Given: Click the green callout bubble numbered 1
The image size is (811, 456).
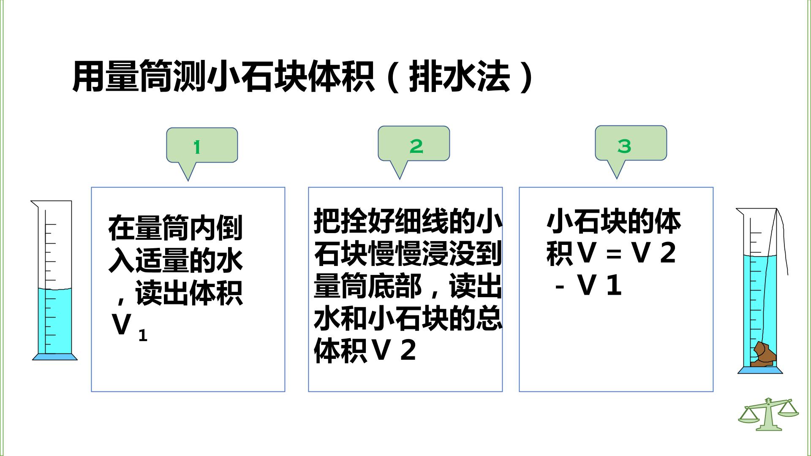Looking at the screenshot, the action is tap(202, 145).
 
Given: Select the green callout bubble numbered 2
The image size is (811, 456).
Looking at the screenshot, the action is tap(414, 144).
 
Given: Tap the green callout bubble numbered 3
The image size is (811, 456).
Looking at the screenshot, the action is tap(631, 143).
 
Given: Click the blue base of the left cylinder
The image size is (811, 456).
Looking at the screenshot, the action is tap(55, 357).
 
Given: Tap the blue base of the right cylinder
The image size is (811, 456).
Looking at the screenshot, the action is tap(760, 370).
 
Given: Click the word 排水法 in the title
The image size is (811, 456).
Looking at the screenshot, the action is tap(460, 77).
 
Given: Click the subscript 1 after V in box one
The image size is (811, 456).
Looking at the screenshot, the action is tap(143, 336).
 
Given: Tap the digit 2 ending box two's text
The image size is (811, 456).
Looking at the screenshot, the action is tap(408, 350).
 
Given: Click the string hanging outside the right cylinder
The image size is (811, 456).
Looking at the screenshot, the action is tap(784, 241).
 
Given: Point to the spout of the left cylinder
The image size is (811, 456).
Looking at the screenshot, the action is tap(35, 204).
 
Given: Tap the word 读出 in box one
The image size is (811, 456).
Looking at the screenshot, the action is tap(162, 293).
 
